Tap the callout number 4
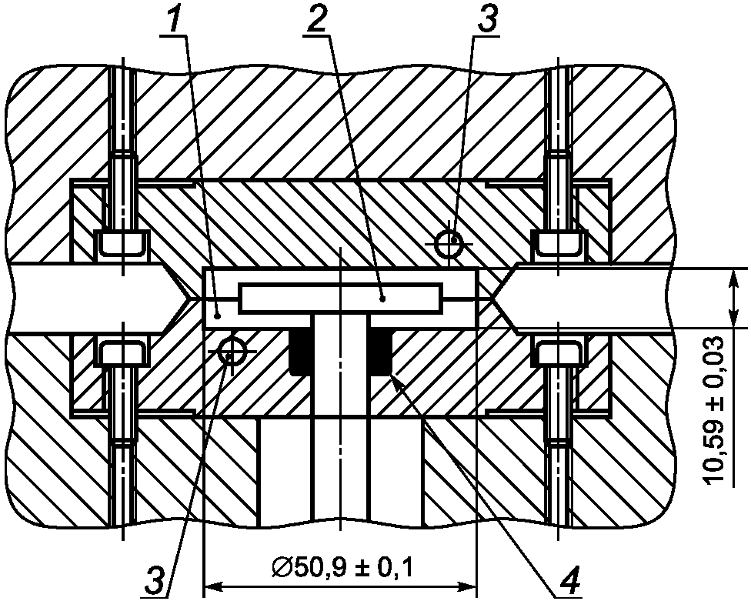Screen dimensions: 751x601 tap(569, 581)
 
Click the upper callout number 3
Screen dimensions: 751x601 tap(486, 18)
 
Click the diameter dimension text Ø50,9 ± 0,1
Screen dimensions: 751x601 tap(342, 568)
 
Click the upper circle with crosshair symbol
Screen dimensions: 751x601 tap(449, 244)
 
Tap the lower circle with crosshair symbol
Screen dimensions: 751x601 tap(231, 351)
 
